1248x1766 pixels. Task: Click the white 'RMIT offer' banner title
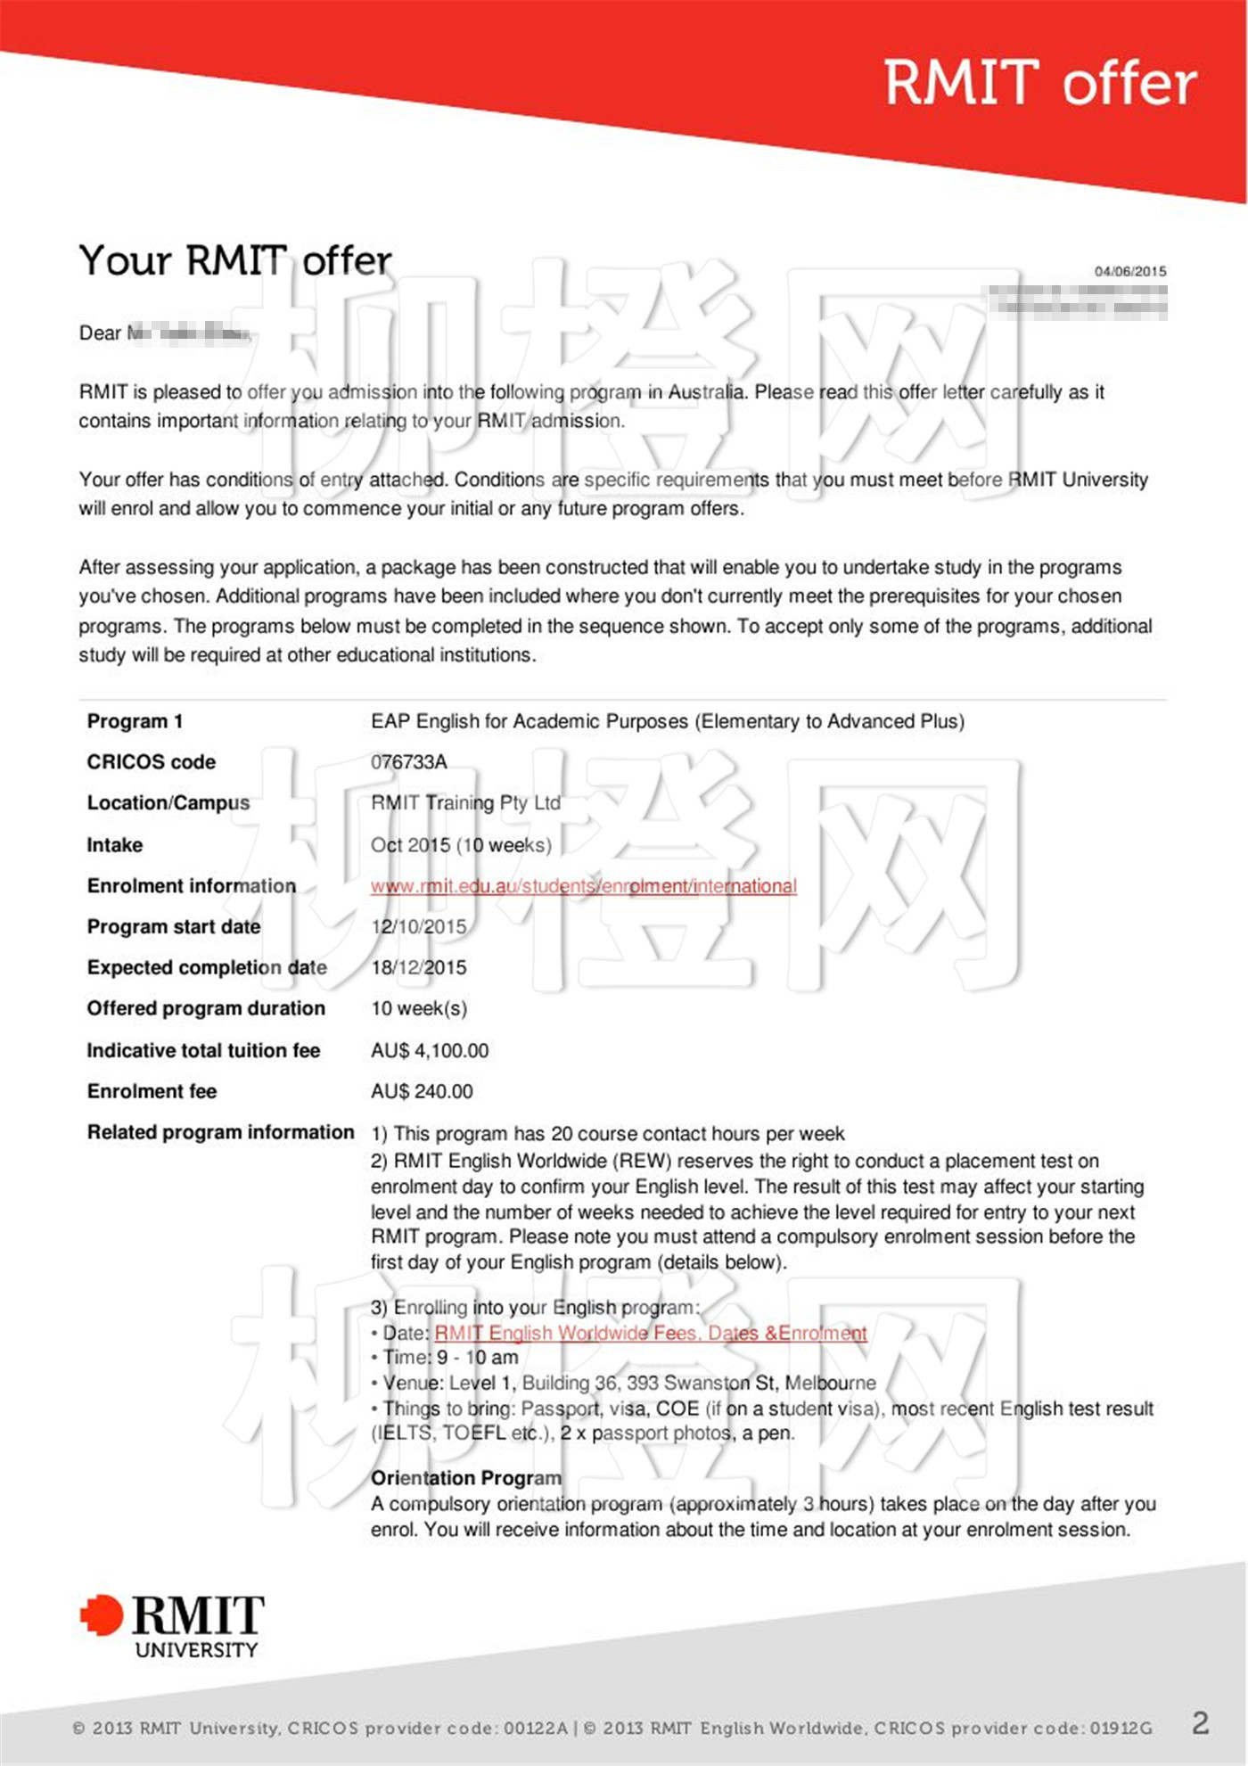1039,83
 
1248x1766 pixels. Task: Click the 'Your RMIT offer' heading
234,261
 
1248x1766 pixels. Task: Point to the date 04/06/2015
1130,271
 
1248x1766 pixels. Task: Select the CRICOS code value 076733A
409,762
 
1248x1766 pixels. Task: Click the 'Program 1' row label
135,721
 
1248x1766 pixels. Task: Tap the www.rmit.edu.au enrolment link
583,886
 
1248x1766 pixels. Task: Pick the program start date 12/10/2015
418,927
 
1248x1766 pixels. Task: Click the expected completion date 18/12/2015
418,968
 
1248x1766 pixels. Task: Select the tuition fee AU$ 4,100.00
430,1051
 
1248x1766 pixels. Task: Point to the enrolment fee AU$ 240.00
422,1092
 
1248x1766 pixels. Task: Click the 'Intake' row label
114,845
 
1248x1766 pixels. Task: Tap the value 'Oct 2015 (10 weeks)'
461,845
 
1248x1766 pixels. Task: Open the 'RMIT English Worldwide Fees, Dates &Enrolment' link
650,1334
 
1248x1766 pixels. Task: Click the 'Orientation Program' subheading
465,1478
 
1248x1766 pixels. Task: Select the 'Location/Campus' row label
168,803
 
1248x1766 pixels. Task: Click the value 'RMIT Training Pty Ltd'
465,803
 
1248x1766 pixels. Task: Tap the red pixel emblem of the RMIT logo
102,1615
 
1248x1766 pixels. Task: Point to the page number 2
1200,1722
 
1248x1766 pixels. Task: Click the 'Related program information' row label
220,1132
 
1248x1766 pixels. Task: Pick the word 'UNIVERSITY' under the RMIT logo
196,1650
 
